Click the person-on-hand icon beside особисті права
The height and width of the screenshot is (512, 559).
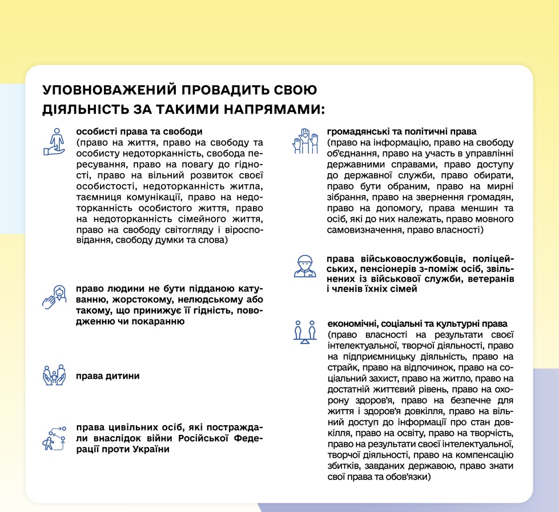click(55, 142)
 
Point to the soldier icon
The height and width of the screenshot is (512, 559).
click(304, 266)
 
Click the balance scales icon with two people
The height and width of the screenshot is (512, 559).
click(304, 331)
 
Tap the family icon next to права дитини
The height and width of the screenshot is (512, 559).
click(55, 375)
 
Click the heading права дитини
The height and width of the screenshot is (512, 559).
click(107, 376)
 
